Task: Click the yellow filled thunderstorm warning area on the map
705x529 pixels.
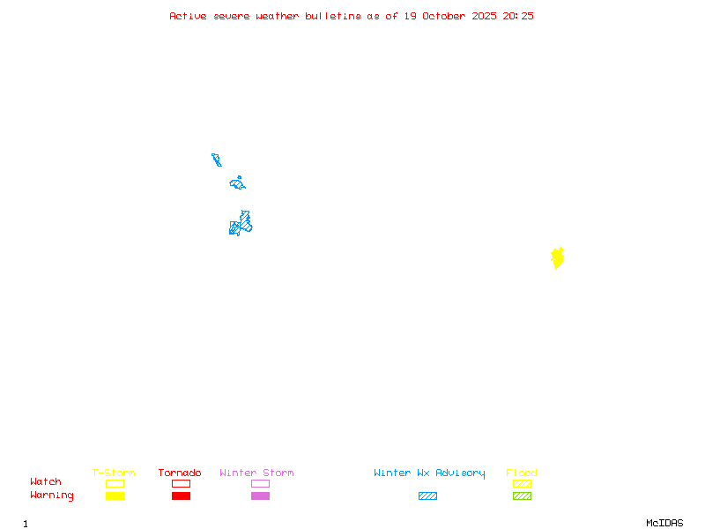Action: [557, 258]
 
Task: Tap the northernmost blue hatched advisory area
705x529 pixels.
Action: [216, 160]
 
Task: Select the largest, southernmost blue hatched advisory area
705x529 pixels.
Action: [241, 224]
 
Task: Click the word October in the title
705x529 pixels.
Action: [450, 16]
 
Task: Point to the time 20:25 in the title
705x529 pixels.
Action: [518, 16]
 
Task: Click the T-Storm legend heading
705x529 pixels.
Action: [114, 473]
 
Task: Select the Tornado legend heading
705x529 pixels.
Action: [180, 473]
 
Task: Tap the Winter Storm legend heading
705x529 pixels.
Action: [256, 473]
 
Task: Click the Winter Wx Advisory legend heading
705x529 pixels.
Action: [429, 473]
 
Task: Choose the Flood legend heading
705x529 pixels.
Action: [522, 473]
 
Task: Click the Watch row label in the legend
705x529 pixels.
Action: [46, 482]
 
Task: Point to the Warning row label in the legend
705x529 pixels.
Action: [52, 495]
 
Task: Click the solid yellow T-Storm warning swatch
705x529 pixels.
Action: [115, 496]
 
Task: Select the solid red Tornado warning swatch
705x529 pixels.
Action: [181, 496]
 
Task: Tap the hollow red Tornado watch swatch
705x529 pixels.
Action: [181, 483]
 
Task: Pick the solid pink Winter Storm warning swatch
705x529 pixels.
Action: [260, 496]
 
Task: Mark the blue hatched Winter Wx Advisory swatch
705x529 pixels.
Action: [427, 496]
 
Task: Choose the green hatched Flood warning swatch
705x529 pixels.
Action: [522, 496]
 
